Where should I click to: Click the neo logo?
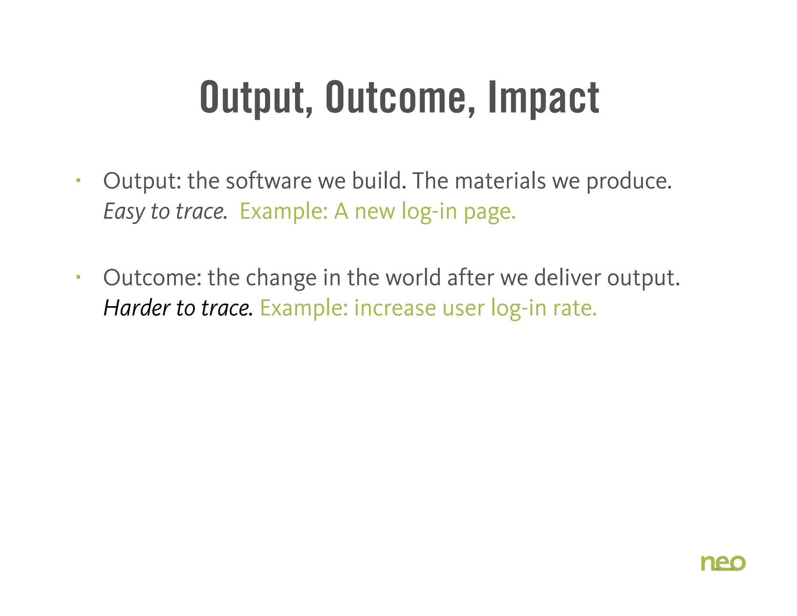click(723, 563)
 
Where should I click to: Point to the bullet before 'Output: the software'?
click(78, 180)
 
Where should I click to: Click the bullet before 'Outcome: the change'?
click(78, 277)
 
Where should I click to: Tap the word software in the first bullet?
click(269, 181)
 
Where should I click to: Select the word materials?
click(500, 181)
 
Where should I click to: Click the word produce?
click(628, 182)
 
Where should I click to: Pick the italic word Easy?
click(124, 212)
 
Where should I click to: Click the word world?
click(413, 278)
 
